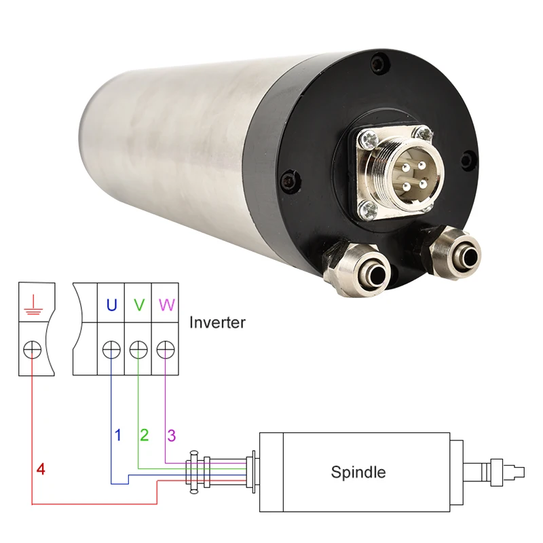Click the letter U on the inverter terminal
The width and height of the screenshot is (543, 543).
(x=111, y=305)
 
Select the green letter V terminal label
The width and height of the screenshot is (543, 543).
(x=138, y=305)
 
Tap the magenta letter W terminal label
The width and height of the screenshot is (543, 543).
(x=166, y=305)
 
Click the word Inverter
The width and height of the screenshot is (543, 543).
(x=217, y=322)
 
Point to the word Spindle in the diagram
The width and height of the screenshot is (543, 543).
(x=358, y=472)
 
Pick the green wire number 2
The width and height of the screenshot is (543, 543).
(x=144, y=434)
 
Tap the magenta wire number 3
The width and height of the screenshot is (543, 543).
(x=172, y=434)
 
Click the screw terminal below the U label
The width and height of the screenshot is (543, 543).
(x=111, y=350)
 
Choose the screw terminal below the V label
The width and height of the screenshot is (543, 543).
(x=138, y=350)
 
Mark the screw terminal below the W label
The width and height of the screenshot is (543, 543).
(x=166, y=350)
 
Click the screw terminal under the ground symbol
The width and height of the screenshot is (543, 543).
(x=32, y=350)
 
